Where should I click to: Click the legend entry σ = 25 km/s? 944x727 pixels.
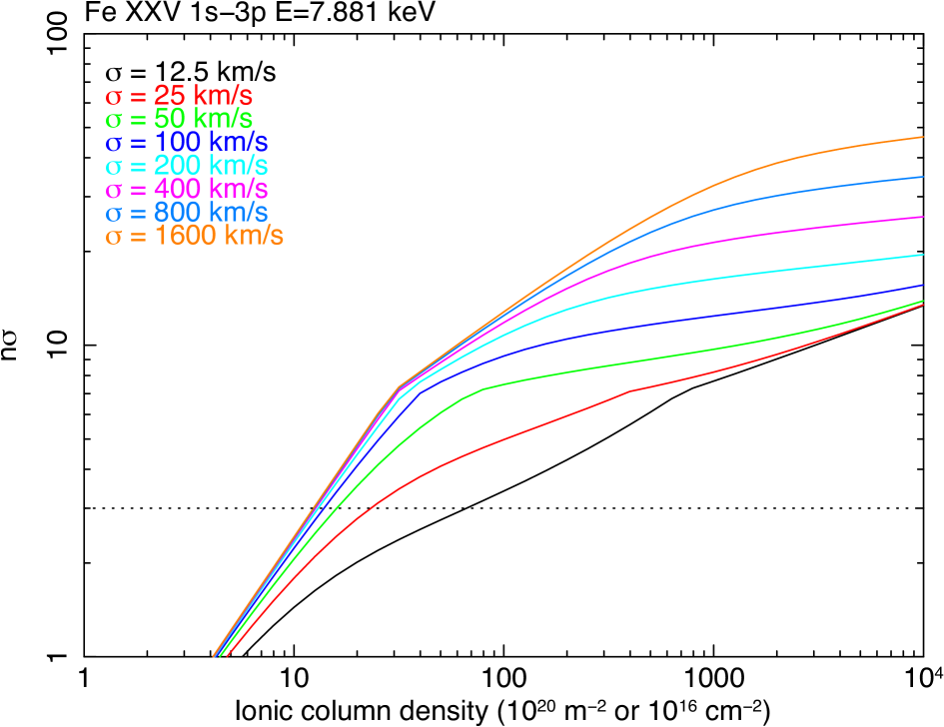[180, 97]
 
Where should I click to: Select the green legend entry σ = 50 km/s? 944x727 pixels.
[180, 120]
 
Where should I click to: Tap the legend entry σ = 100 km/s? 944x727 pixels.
[187, 143]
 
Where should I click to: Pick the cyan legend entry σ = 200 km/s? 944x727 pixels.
[187, 166]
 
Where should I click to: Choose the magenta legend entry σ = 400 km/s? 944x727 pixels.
[187, 189]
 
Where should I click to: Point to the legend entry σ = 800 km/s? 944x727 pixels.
[187, 212]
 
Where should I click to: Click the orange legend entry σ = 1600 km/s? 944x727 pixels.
[195, 236]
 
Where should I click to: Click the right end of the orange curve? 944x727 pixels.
[922, 137]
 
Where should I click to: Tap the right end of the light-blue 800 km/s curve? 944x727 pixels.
[922, 177]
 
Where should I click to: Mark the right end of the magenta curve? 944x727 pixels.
[922, 216]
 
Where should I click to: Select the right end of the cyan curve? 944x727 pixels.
[922, 255]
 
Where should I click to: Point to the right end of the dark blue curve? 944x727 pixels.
[922, 286]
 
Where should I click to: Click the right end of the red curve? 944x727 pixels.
[922, 305]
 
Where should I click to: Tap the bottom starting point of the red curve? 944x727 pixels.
[227, 656]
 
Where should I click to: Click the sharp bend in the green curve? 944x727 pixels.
[483, 388]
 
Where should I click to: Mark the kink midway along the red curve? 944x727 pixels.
[629, 390]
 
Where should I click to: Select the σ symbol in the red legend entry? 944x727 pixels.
[113, 98]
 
